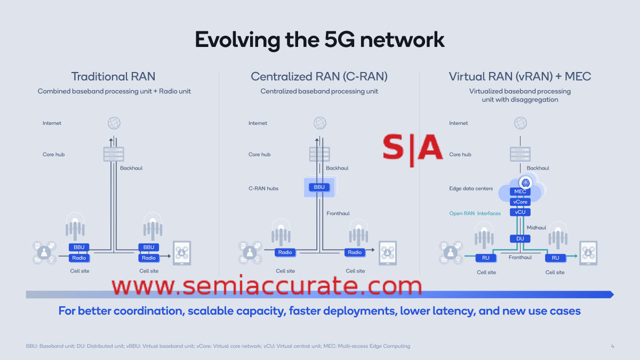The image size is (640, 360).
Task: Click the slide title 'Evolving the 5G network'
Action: (319, 40)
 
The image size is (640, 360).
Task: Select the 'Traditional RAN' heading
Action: (114, 77)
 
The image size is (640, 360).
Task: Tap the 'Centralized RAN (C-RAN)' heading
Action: (319, 77)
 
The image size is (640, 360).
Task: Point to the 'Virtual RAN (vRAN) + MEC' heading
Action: (520, 77)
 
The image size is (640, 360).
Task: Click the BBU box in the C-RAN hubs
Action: (319, 187)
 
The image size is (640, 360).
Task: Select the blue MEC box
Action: (520, 192)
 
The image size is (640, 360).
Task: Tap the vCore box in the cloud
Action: (520, 202)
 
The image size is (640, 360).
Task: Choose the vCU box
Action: (520, 212)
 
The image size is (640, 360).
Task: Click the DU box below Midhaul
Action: (520, 238)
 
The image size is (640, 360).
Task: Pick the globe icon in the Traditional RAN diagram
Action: (114, 123)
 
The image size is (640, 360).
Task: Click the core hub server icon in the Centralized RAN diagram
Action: (319, 154)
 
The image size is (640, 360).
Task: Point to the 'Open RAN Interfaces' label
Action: (475, 213)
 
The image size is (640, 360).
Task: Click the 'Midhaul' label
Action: (537, 228)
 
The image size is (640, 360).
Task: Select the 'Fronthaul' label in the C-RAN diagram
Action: (338, 213)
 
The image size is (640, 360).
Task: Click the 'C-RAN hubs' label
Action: (263, 188)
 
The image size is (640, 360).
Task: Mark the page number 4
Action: (612, 346)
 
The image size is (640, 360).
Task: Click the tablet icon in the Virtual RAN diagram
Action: (588, 253)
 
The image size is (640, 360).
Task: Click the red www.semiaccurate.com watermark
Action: (267, 286)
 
